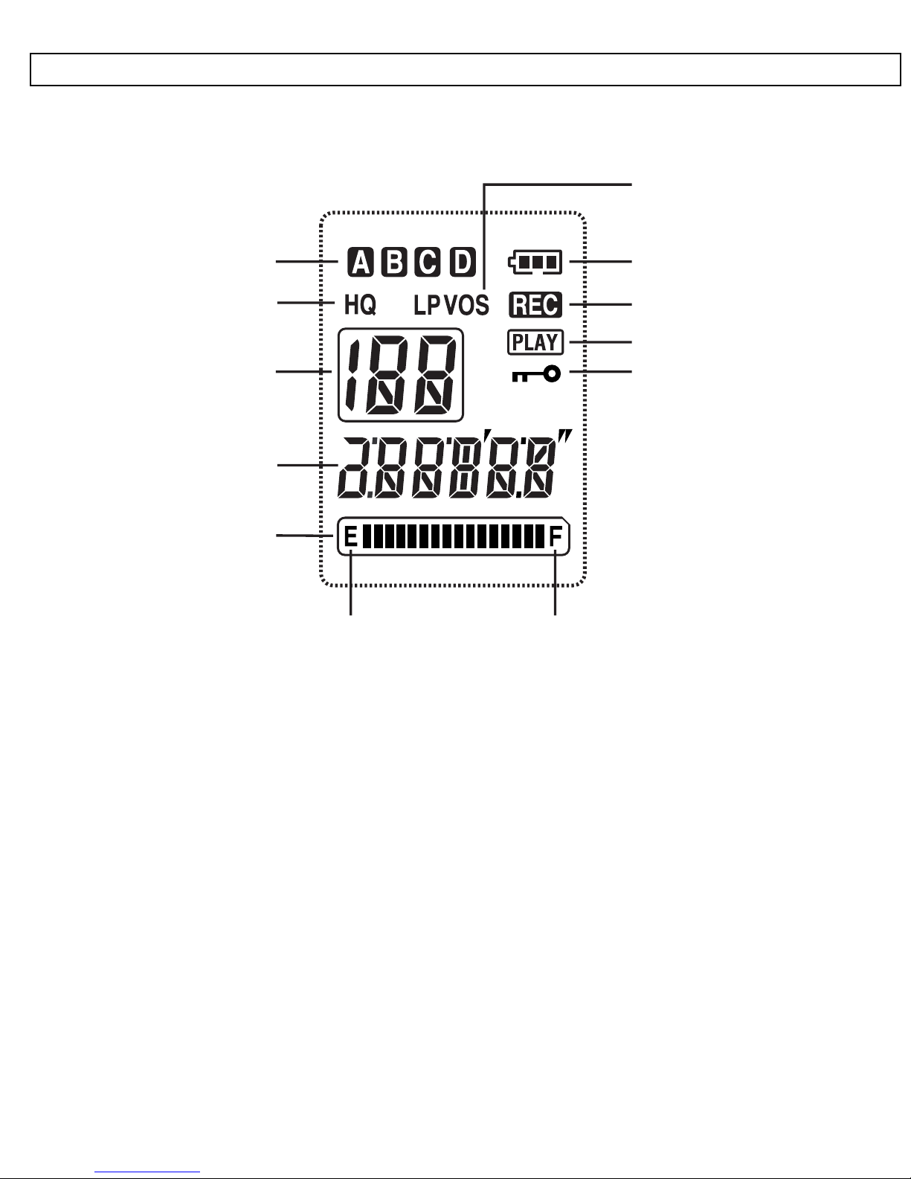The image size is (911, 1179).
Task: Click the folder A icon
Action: (361, 263)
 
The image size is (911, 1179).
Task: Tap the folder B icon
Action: (394, 263)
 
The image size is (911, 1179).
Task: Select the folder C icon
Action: (428, 263)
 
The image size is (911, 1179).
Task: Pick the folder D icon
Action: (463, 263)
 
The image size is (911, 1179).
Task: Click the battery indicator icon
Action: (535, 263)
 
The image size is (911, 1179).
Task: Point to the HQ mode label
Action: (360, 305)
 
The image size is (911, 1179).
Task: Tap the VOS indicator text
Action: (467, 306)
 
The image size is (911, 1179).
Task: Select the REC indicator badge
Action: (535, 305)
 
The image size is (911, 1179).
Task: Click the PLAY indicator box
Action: (535, 342)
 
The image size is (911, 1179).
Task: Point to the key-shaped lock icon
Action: (536, 374)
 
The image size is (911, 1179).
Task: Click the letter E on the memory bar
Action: (351, 538)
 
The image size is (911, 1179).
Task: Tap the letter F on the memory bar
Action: (556, 538)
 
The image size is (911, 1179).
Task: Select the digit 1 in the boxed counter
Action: (352, 374)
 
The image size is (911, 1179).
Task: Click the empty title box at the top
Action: (466, 69)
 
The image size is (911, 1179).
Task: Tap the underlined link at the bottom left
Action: (147, 1172)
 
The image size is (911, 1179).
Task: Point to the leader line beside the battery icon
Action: (601, 262)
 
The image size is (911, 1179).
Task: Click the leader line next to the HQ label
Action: (306, 302)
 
